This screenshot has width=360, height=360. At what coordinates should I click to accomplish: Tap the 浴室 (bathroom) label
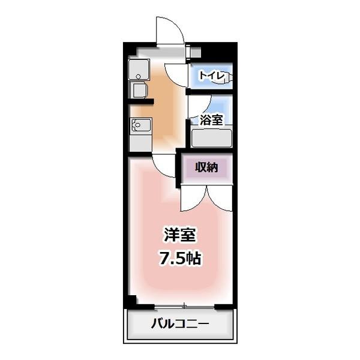click(212, 119)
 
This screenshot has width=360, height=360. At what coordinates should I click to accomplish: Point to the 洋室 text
click(180, 234)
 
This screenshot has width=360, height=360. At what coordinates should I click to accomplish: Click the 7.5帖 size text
click(180, 259)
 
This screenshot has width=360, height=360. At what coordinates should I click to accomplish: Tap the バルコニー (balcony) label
click(179, 326)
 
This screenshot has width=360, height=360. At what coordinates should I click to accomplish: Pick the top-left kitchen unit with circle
click(139, 71)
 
